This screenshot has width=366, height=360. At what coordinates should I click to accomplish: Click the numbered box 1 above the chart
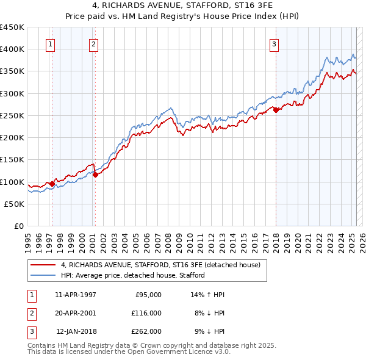pyautogui.click(x=49, y=44)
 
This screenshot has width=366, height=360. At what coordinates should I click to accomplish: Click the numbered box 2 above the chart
pyautogui.click(x=93, y=44)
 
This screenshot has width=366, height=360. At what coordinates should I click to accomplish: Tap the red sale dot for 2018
pyautogui.click(x=276, y=110)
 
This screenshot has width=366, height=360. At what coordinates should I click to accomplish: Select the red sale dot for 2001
pyautogui.click(x=95, y=175)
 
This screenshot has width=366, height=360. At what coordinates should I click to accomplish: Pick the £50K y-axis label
pyautogui.click(x=15, y=204)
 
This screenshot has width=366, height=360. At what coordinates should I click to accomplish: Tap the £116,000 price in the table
pyautogui.click(x=146, y=313)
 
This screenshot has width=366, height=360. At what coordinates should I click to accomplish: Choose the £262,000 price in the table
pyautogui.click(x=146, y=331)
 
